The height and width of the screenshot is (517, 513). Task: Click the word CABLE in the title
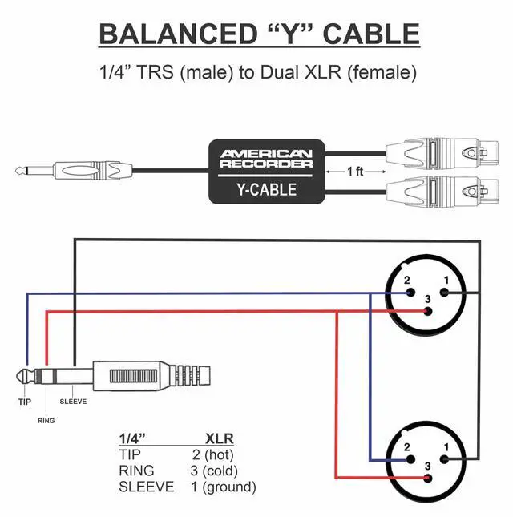[370, 34]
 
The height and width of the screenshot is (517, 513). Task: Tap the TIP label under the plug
[25, 402]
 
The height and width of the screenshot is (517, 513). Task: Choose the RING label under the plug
[46, 419]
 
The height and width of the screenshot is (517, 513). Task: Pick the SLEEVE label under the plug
[73, 402]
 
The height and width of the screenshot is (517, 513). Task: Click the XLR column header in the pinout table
[220, 438]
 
